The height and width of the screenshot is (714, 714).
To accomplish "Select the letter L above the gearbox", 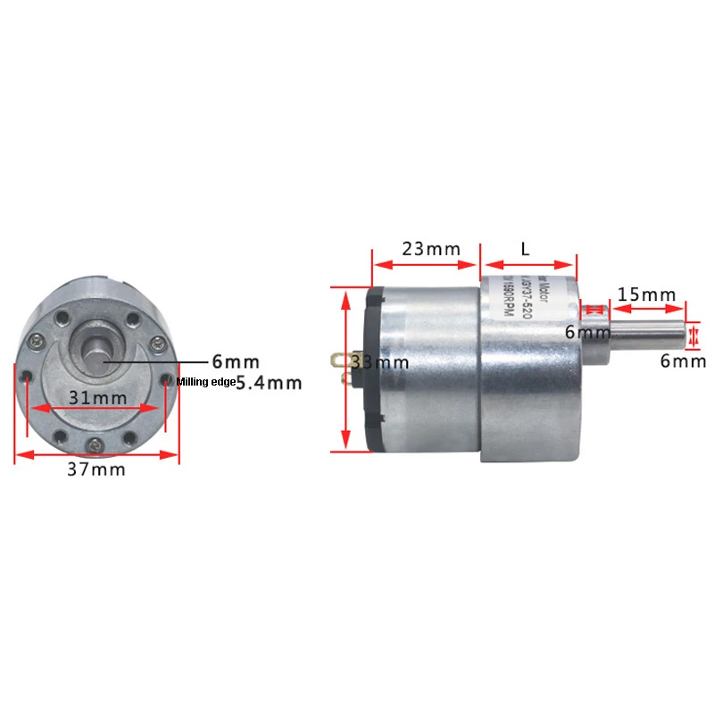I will pyautogui.click(x=525, y=247).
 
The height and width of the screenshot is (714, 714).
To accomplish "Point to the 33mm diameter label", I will pyautogui.click(x=380, y=362).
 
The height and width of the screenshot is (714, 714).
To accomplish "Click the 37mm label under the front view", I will pyautogui.click(x=96, y=470).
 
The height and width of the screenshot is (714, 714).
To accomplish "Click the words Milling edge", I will pyautogui.click(x=206, y=382).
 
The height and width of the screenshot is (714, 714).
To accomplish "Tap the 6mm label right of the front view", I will pyautogui.click(x=236, y=361).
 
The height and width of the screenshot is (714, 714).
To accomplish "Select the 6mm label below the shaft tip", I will pyautogui.click(x=684, y=361).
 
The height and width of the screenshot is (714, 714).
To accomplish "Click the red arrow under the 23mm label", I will pyautogui.click(x=425, y=264).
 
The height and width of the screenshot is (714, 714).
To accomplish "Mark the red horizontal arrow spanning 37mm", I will pyautogui.click(x=96, y=454).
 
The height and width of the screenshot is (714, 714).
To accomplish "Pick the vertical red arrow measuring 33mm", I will pyautogui.click(x=346, y=369).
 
